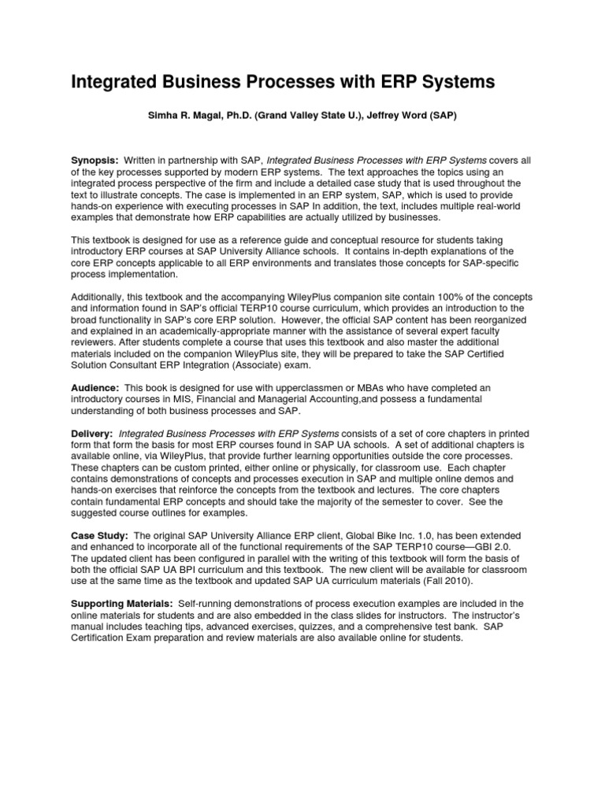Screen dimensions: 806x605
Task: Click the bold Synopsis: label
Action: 95,160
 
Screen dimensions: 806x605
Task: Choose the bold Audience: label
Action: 95,388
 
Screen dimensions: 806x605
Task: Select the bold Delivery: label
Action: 92,434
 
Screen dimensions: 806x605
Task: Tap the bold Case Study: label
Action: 99,534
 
